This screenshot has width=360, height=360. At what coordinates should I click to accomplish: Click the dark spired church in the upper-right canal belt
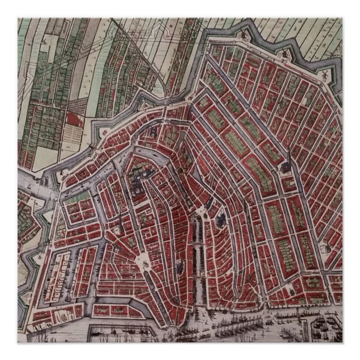[286, 168]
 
